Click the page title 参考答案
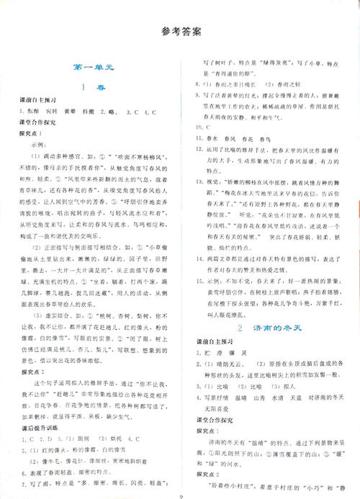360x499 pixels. click(181, 32)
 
